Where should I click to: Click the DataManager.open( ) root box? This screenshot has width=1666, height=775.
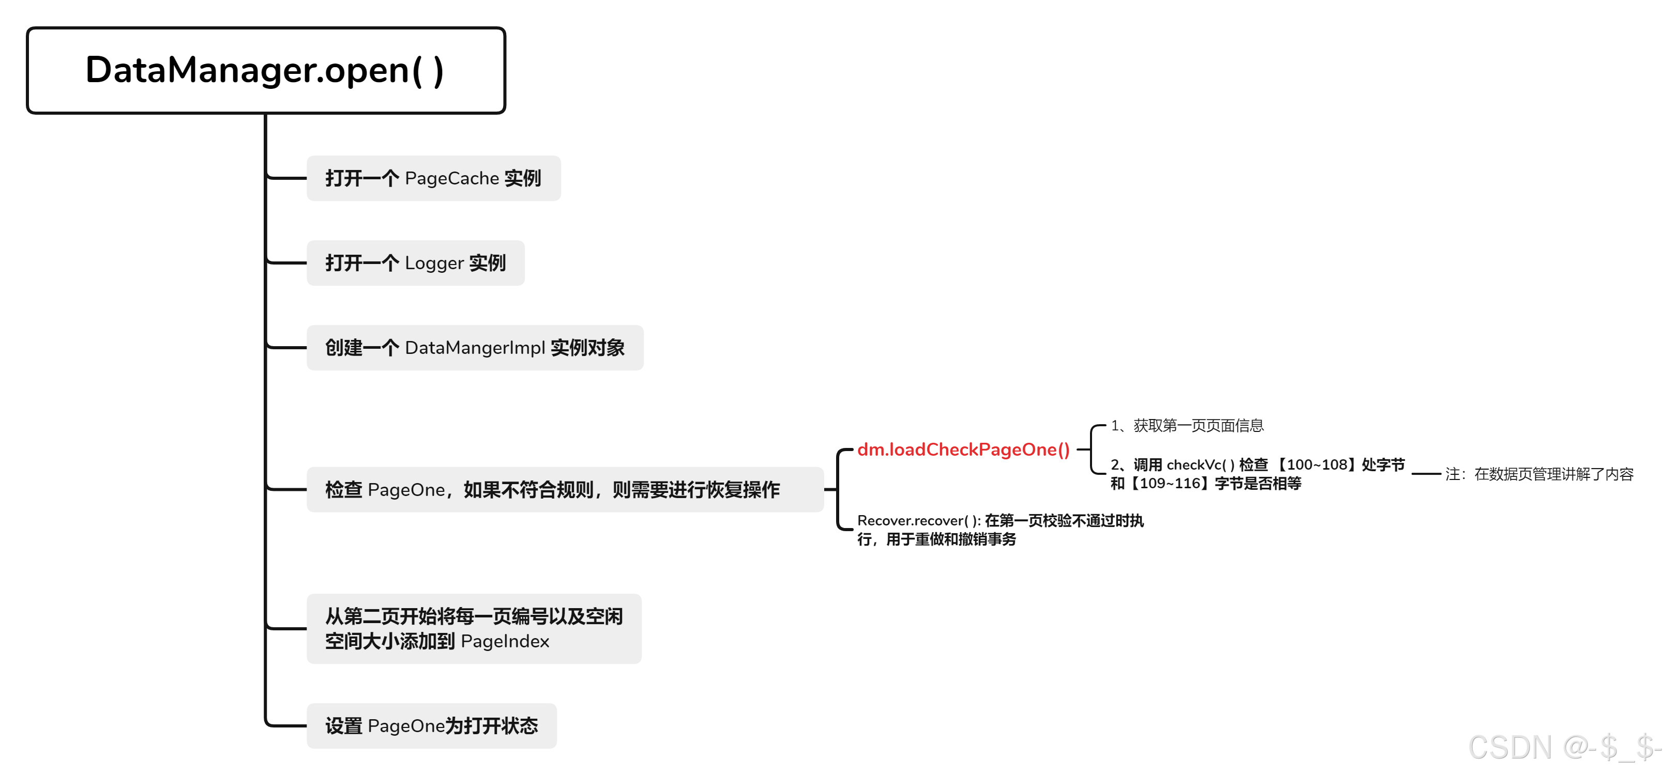pos(265,70)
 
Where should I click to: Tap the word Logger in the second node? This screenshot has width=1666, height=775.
pos(434,263)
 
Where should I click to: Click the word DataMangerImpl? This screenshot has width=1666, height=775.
pos(475,348)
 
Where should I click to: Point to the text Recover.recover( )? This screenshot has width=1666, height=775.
pos(918,520)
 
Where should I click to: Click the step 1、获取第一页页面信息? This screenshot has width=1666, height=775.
pos(1187,425)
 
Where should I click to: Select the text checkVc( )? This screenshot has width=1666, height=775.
pos(1200,464)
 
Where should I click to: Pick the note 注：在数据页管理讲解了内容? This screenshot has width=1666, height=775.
pos(1539,474)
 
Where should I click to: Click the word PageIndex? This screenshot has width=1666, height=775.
pos(505,641)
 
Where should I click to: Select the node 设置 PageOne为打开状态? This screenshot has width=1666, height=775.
pos(431,726)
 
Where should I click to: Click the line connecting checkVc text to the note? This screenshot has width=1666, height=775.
pos(1426,474)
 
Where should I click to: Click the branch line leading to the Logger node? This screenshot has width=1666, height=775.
pos(286,263)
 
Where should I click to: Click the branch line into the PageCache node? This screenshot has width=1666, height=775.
pos(286,178)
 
